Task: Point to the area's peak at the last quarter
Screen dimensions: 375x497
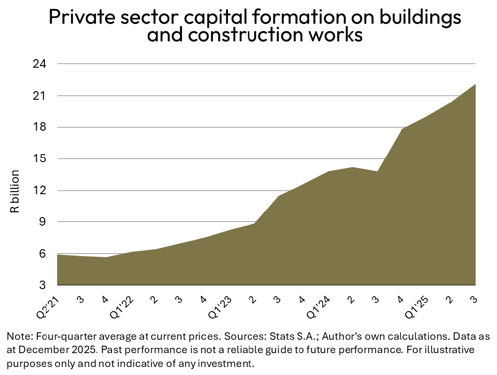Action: [475, 85]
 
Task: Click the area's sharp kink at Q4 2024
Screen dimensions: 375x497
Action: [401, 129]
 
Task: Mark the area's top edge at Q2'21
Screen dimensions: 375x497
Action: [58, 254]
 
